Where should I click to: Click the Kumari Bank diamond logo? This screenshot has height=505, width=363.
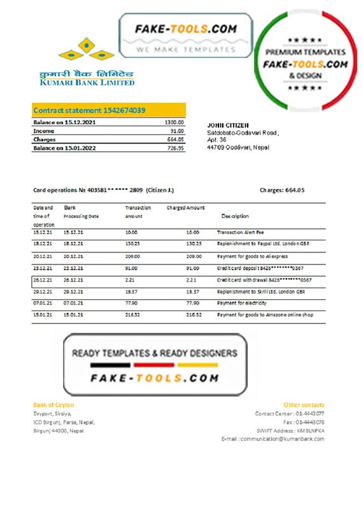[x=87, y=50]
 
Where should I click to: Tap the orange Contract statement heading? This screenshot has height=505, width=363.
[x=89, y=110]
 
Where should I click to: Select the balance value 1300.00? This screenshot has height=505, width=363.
[x=174, y=121]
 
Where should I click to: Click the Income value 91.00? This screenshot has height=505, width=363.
[x=177, y=130]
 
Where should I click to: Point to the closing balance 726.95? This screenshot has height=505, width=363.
[x=176, y=148]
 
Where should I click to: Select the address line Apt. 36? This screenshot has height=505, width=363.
[x=217, y=140]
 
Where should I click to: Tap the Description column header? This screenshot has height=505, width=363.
[x=235, y=216]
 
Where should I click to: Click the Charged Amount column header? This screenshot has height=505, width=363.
[x=185, y=208]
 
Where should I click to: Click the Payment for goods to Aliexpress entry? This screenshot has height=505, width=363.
[x=250, y=256]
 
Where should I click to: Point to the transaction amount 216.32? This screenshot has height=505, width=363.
[x=132, y=314]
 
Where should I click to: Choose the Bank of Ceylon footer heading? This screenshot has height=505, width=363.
[x=53, y=405]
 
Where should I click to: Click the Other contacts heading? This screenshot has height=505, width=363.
[x=304, y=405]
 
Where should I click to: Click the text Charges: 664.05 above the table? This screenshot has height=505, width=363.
[x=282, y=190]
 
